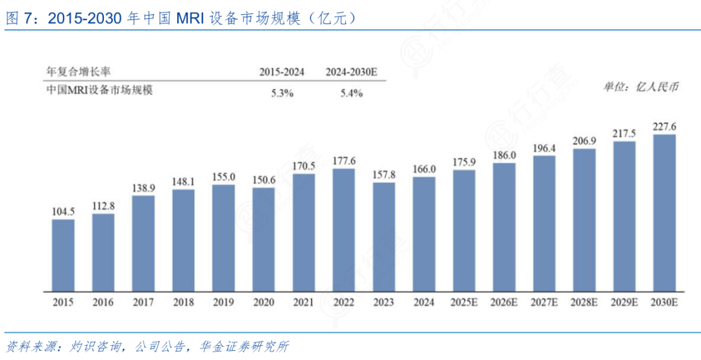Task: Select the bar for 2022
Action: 343,230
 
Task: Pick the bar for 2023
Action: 384,237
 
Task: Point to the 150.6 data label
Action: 264,180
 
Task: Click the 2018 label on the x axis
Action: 184,302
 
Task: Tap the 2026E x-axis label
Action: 504,302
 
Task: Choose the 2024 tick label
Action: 424,302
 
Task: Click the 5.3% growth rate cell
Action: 282,93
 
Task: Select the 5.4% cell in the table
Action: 351,93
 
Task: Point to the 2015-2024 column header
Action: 282,72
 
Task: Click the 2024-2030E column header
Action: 352,72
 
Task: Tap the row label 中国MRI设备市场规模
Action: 99,91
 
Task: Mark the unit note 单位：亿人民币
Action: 641,87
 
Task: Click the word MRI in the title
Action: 188,18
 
